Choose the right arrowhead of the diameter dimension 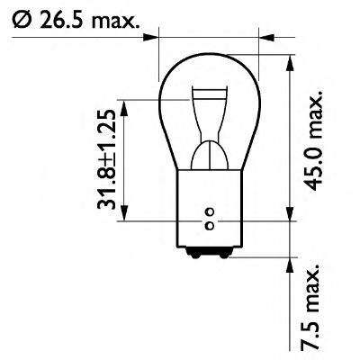coord(262,37)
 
